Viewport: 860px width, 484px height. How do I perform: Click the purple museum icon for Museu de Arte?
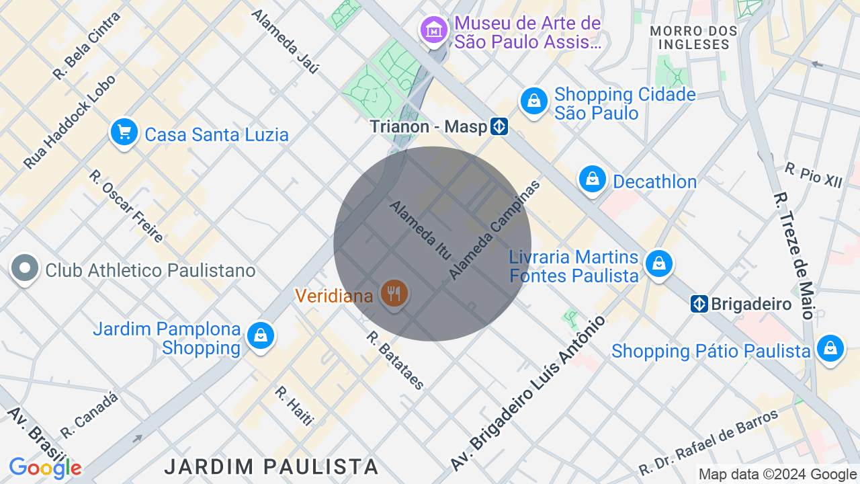[435, 30]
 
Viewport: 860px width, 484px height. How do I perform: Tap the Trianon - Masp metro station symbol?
[499, 126]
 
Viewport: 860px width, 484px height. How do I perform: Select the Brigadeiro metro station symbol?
[699, 304]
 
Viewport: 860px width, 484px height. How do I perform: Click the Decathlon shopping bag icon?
[592, 179]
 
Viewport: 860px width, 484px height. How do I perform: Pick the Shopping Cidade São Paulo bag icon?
[534, 102]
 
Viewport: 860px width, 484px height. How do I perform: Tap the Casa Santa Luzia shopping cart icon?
[124, 132]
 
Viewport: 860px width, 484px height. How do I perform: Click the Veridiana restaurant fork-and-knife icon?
[394, 294]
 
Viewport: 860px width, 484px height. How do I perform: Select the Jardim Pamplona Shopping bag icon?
[260, 335]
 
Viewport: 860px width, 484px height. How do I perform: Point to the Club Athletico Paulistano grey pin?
[25, 268]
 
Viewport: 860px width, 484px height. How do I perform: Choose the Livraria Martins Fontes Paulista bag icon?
[659, 264]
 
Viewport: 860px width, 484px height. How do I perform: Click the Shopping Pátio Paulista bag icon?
[830, 348]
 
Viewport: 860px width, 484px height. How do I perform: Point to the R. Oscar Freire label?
[126, 206]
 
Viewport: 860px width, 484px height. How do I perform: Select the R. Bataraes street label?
[396, 360]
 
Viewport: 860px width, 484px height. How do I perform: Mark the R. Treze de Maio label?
[793, 255]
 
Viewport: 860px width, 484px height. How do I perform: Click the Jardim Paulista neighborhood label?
[271, 466]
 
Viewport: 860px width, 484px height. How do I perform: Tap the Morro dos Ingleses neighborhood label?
[689, 38]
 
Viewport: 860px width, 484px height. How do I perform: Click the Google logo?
[45, 468]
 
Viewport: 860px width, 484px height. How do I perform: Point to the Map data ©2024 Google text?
[777, 475]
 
